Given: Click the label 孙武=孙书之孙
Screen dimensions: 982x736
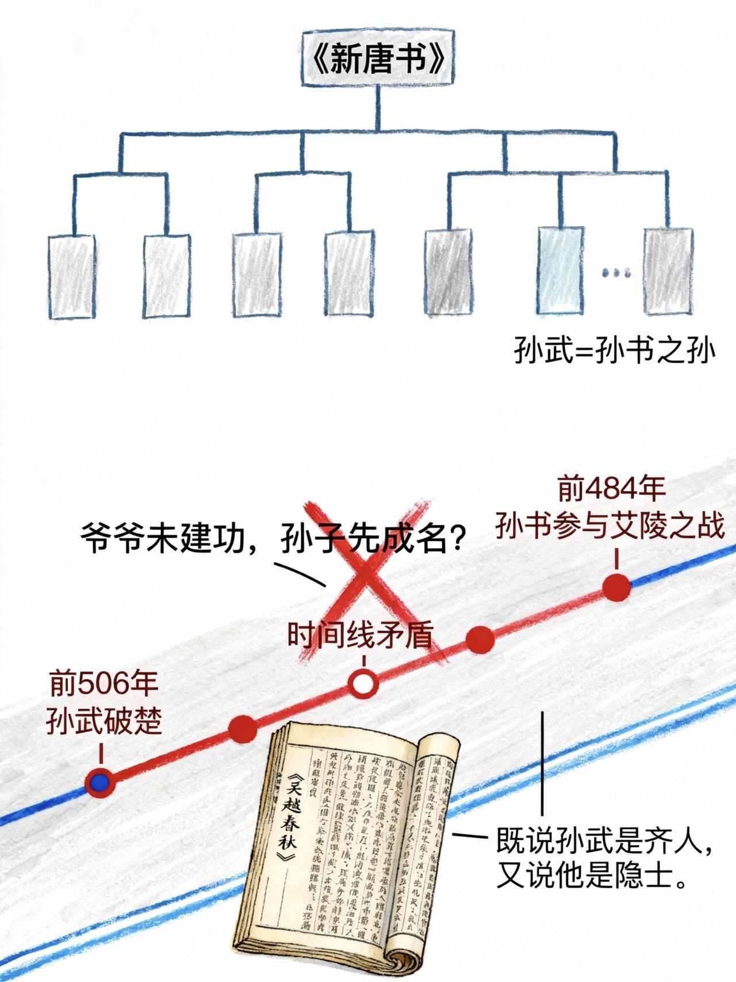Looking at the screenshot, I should [614, 351].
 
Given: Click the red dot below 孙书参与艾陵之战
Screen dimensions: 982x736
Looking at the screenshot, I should [616, 587].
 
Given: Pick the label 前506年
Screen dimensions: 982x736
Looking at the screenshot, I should [103, 684].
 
